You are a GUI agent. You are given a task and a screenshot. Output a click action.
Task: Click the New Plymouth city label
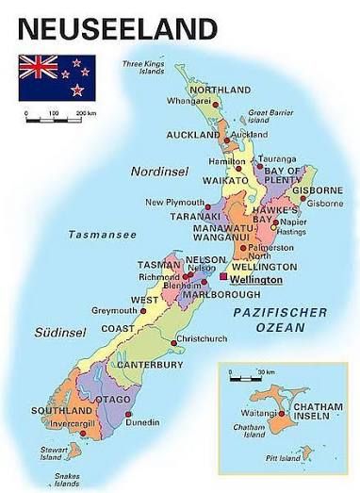coord(173,203)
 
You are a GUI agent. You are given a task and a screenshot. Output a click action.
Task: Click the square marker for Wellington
coord(222,278)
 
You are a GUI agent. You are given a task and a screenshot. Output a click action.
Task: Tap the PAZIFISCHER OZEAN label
coord(280,320)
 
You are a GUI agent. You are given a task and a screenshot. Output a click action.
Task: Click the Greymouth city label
coord(113,310)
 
